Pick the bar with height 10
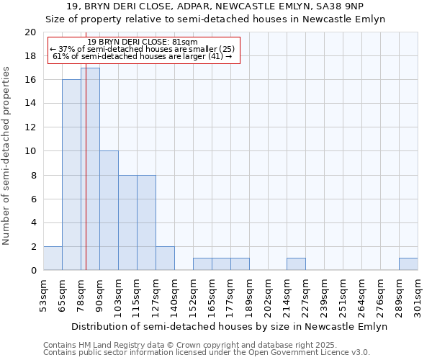pyautogui.click(x=109, y=210)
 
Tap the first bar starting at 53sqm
pyautogui.click(x=53, y=258)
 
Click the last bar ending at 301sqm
pyautogui.click(x=408, y=264)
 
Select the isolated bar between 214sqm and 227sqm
pyautogui.click(x=296, y=264)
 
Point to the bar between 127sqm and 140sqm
pyautogui.click(x=165, y=258)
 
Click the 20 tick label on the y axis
pyautogui.click(x=30, y=32)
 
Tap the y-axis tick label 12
pyautogui.click(x=30, y=127)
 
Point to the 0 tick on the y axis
pyautogui.click(x=32, y=271)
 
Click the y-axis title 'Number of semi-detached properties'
pyautogui.click(x=6, y=156)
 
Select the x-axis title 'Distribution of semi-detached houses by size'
pyautogui.click(x=230, y=326)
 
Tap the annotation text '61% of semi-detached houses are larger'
pyautogui.click(x=142, y=56)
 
